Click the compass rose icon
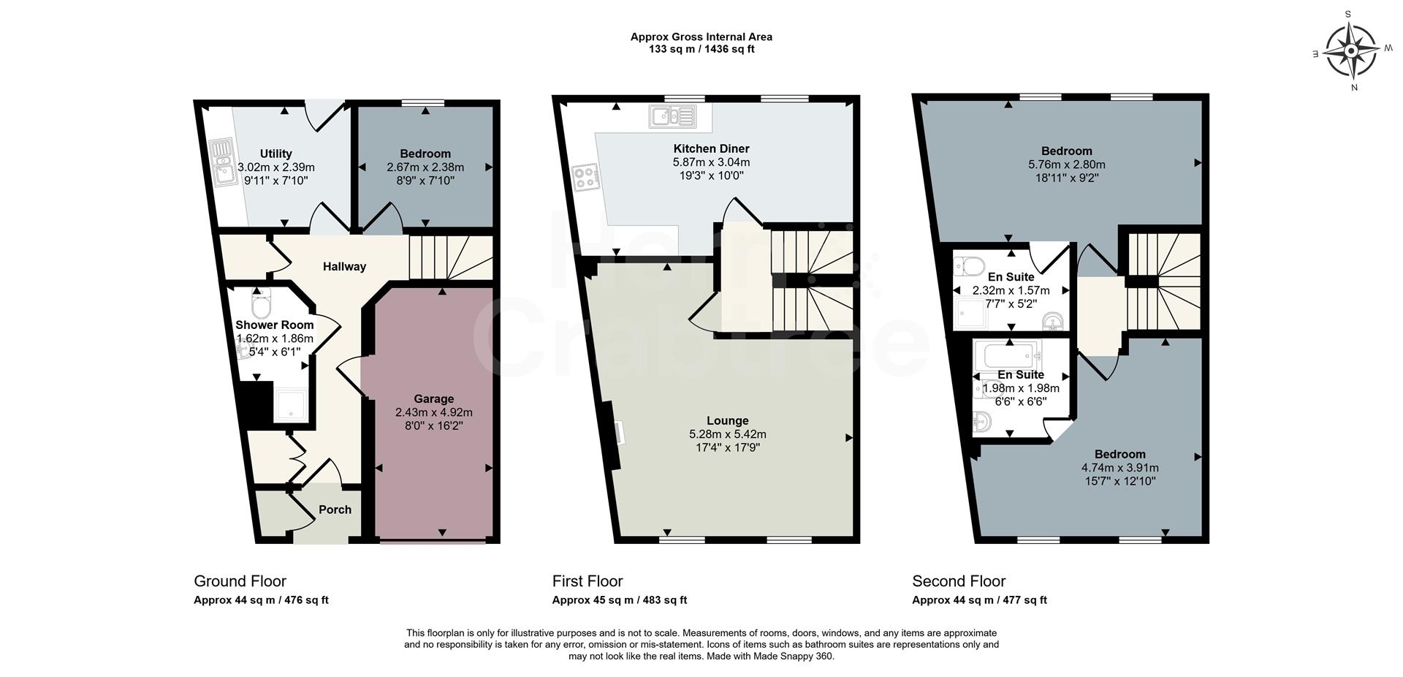(1351, 50)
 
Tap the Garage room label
(433, 398)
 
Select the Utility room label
(275, 154)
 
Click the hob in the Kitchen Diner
(586, 176)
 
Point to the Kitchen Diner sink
(673, 116)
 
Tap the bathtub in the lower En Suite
(1011, 357)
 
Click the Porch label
(335, 510)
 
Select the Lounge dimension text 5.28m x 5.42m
(727, 434)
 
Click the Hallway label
(344, 267)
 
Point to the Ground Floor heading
(240, 581)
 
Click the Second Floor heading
(959, 581)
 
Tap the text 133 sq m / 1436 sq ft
(701, 50)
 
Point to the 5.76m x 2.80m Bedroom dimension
(1066, 164)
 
